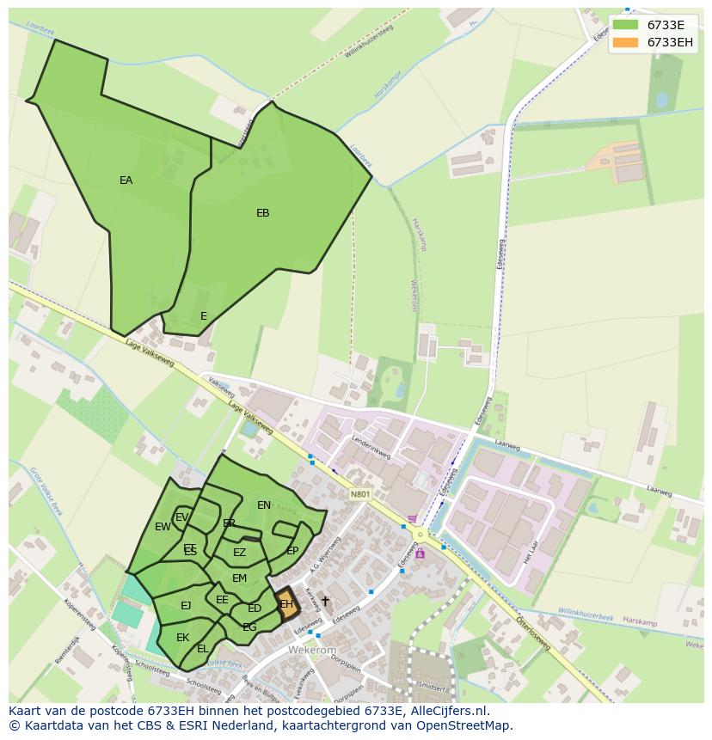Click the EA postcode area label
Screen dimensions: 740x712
[x=126, y=180]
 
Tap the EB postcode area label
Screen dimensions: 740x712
[x=263, y=213]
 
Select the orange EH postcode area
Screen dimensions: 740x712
[x=286, y=603]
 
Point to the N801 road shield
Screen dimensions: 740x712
[x=360, y=494]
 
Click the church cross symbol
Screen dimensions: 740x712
[x=325, y=601]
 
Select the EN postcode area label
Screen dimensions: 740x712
[x=264, y=505]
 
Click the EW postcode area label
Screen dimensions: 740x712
[x=163, y=527]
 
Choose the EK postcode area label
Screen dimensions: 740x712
[x=182, y=638]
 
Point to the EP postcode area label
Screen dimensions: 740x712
[x=292, y=551]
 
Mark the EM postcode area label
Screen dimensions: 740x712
[x=239, y=578]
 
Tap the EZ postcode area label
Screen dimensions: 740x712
[x=239, y=553]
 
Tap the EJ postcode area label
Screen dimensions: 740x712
[x=186, y=606]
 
